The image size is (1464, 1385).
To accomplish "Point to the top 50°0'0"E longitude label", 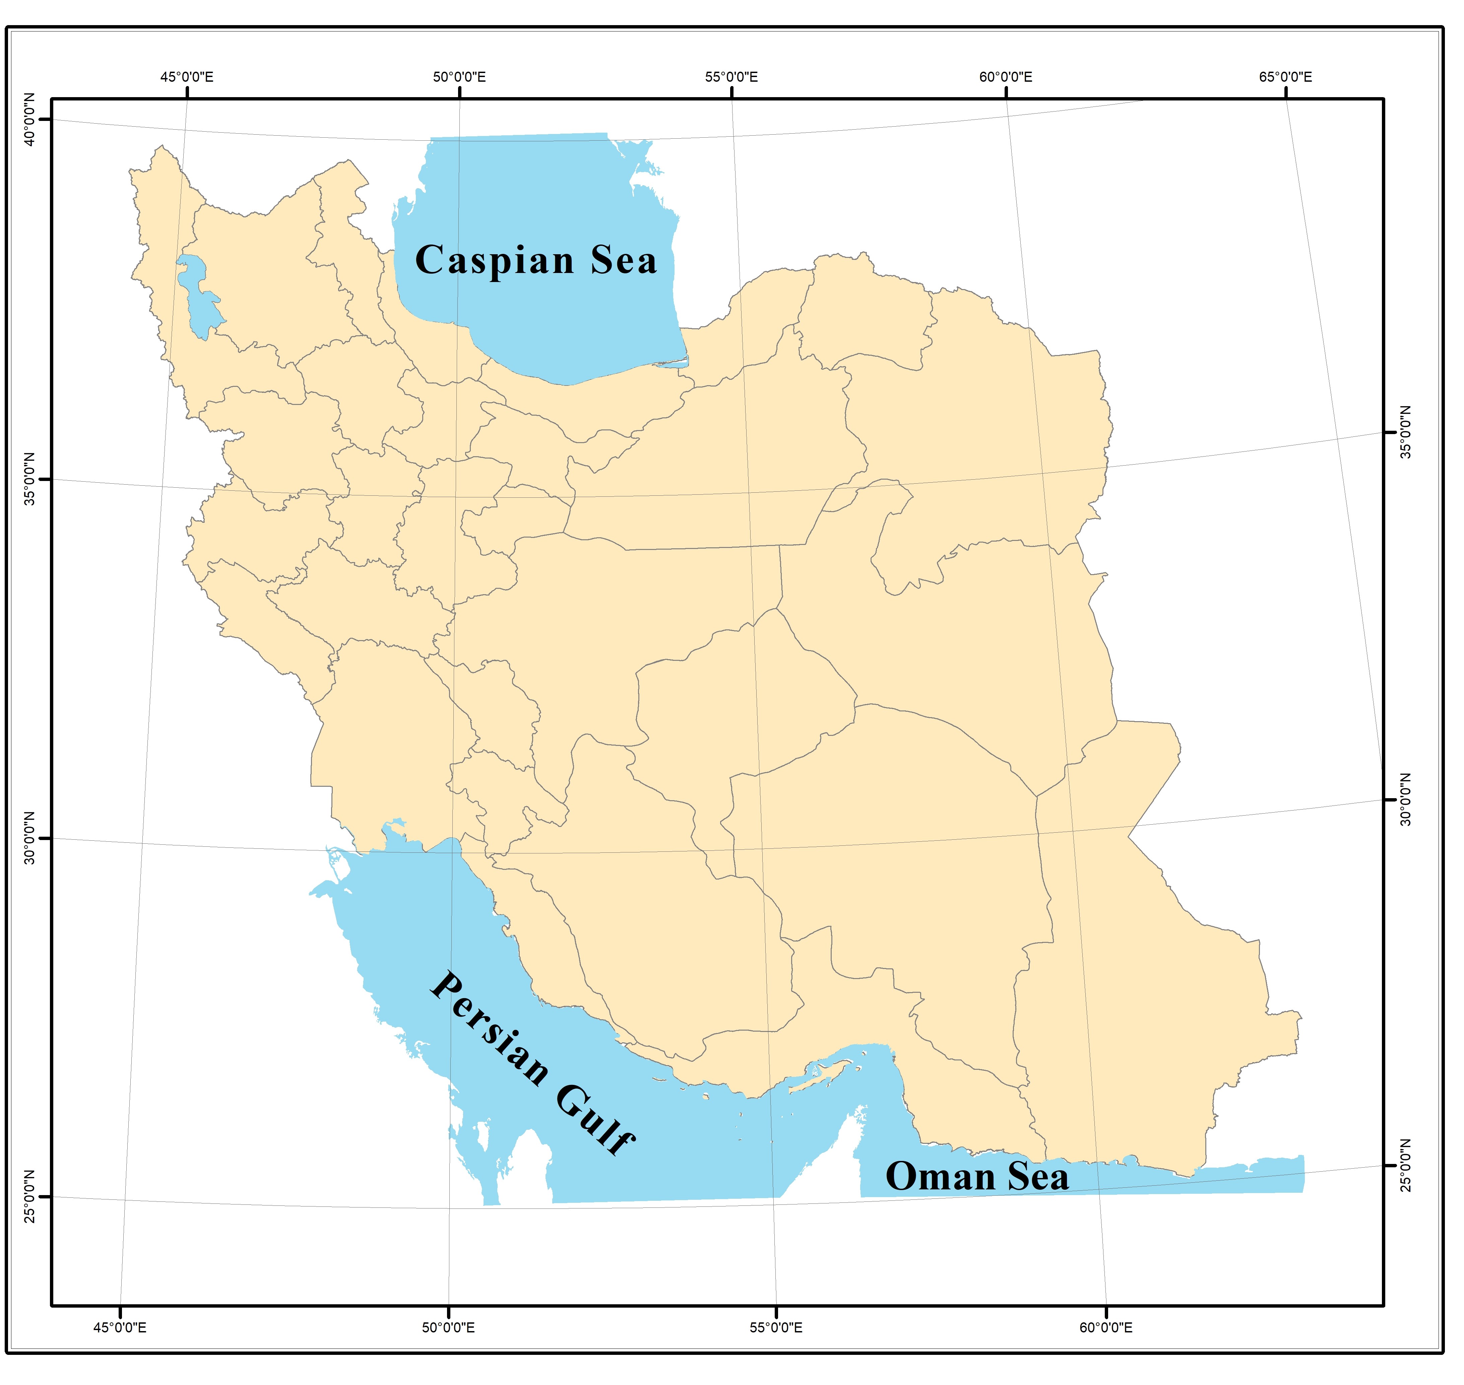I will pos(459,77).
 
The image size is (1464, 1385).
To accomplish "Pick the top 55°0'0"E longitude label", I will pos(731,77).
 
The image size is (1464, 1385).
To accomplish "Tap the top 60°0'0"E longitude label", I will pos(1006,77).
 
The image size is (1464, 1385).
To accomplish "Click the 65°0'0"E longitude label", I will pos(1286,77).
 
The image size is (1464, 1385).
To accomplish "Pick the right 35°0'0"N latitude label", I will pos(1406,432).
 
